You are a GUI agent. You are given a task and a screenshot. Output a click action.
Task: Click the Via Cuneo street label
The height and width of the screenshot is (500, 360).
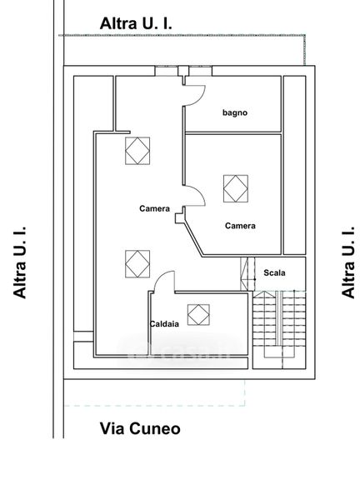coord(140,428)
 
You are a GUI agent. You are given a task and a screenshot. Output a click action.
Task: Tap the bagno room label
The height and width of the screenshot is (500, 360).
coord(235,112)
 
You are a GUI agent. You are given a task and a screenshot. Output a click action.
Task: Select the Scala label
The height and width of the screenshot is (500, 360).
coord(274,272)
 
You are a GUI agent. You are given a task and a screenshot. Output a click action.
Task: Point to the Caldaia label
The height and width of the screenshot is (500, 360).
coord(164,324)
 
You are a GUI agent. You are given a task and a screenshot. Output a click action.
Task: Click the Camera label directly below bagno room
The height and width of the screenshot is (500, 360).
coord(240,226)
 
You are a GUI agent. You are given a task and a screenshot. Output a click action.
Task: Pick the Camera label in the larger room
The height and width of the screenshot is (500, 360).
coord(154,208)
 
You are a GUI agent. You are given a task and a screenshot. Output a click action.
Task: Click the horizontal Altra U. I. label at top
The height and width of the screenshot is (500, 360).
coord(136,23)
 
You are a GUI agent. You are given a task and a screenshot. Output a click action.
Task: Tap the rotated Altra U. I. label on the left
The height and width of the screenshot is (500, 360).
coord(19,262)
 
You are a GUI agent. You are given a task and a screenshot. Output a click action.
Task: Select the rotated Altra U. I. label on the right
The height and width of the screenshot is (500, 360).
coord(347,262)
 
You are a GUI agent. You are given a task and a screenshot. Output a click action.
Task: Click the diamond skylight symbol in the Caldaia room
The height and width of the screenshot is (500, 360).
coord(198,315)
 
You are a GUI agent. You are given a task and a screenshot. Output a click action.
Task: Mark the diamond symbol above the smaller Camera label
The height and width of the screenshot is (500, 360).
coord(236,188)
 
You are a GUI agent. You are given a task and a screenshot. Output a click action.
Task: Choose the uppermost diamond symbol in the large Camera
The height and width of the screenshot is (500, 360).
coord(137,151)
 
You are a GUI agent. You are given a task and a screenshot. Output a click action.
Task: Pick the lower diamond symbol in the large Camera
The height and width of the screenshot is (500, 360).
coord(137,264)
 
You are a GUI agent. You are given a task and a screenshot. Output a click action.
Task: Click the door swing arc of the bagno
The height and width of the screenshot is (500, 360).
coord(200,98)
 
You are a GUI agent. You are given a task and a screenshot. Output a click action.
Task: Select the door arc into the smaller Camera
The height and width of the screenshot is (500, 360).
coord(199,192)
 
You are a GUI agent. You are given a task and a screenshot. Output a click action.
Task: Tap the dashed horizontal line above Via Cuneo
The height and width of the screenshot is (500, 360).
coord(154,406)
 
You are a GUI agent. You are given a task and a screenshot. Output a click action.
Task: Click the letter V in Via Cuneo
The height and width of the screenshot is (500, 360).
coord(106,428)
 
